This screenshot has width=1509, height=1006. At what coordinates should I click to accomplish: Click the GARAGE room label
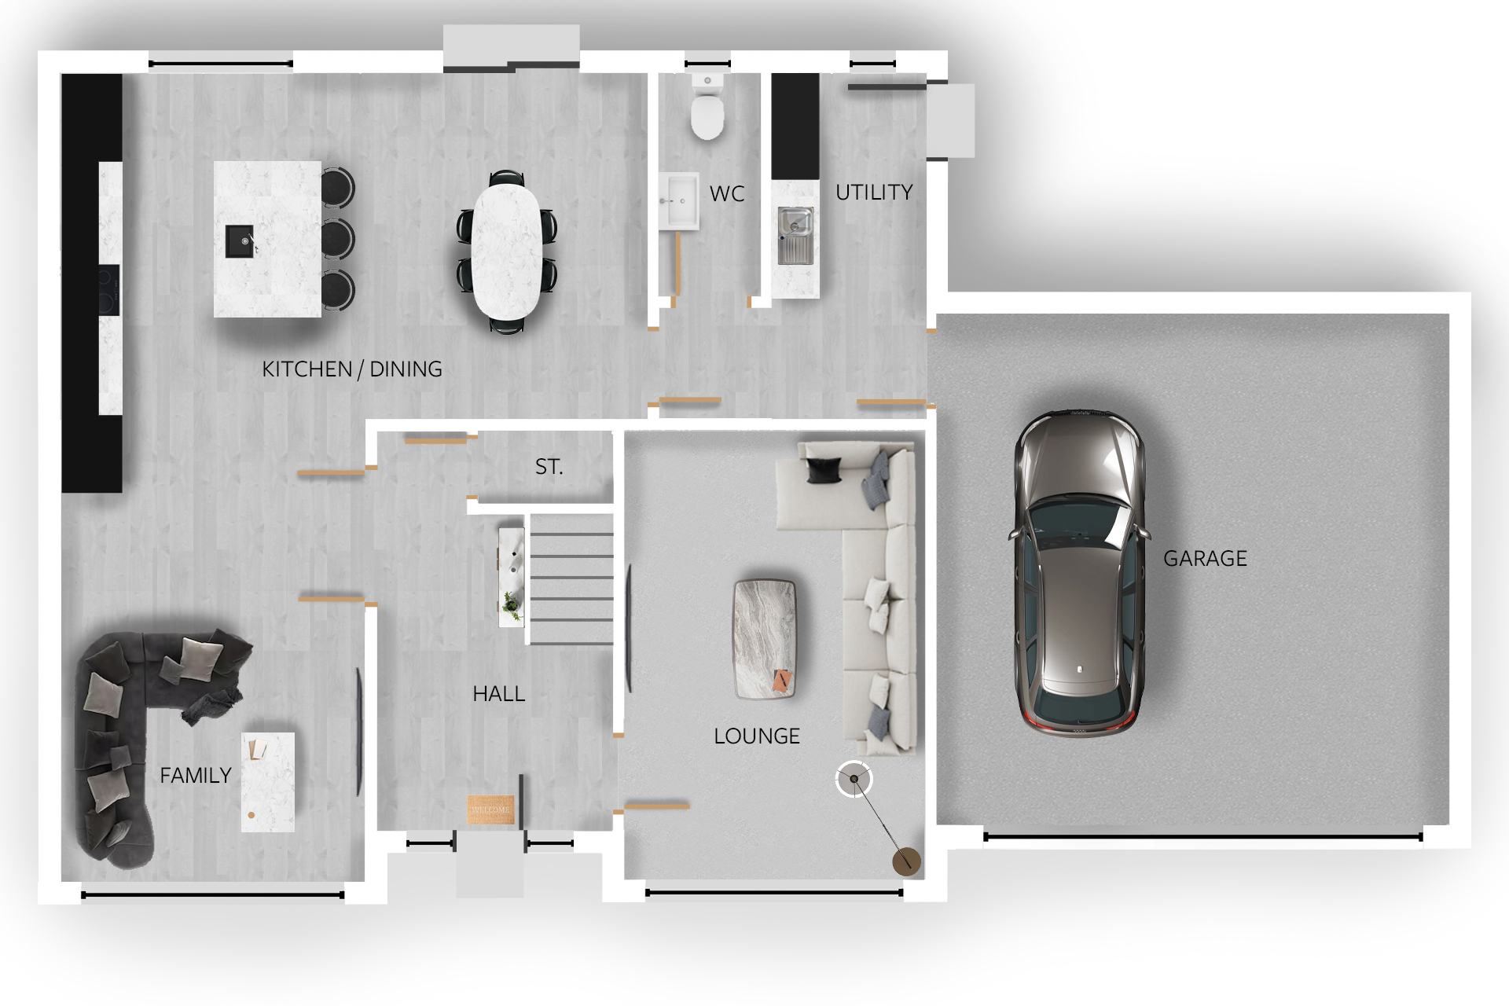point(1205,558)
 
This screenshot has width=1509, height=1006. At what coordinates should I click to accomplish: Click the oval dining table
point(507,251)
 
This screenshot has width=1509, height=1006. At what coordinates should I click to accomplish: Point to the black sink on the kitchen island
point(240,241)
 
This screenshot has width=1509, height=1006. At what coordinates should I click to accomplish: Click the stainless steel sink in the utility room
point(795,234)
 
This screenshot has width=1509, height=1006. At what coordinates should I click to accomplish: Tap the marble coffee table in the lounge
point(765,638)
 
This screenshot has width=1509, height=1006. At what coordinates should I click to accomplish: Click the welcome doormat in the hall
point(490,810)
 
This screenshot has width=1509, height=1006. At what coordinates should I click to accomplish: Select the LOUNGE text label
point(756,736)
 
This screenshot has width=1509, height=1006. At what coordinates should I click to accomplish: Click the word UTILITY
point(874,193)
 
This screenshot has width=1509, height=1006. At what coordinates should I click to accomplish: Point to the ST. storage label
point(549,467)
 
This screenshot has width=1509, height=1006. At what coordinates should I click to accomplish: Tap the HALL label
point(498,694)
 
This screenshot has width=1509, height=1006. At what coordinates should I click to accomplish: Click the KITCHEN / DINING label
point(351,369)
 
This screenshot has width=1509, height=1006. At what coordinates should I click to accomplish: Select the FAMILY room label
point(195,776)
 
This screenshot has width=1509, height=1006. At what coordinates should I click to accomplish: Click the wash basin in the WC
point(678,200)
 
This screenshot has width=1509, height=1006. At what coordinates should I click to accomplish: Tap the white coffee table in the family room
point(268,781)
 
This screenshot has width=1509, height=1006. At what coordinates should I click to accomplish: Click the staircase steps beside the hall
point(571,578)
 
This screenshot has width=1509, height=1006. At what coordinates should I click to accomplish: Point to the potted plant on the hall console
point(512,604)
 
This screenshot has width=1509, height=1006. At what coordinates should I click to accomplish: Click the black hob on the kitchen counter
point(108,289)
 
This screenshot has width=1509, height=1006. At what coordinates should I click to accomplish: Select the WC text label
point(726,194)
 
